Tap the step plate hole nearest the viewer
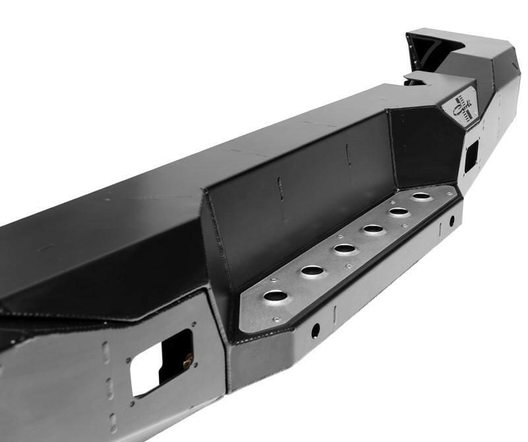pyautogui.click(x=275, y=295)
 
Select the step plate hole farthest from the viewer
pyautogui.click(x=421, y=196)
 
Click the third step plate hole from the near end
pyautogui.click(x=344, y=249)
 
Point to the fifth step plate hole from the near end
pyautogui.click(x=399, y=212)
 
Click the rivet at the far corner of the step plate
pyautogui.click(x=451, y=193)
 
